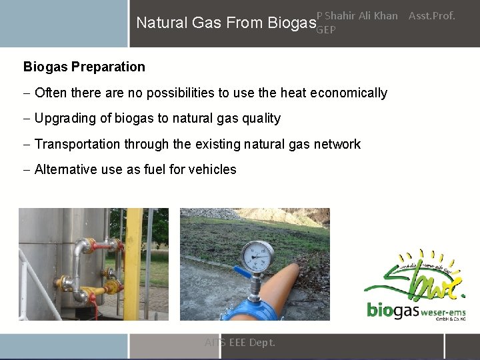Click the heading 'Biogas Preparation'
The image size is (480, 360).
coord(84,67)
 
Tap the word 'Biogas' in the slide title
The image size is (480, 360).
coord(291,23)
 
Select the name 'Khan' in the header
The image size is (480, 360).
coord(385,15)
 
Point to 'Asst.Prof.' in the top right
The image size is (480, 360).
coord(431,15)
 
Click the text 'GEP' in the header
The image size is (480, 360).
coord(325,30)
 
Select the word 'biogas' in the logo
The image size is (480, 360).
coord(392,311)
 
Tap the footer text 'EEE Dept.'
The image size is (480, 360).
coord(252,343)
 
